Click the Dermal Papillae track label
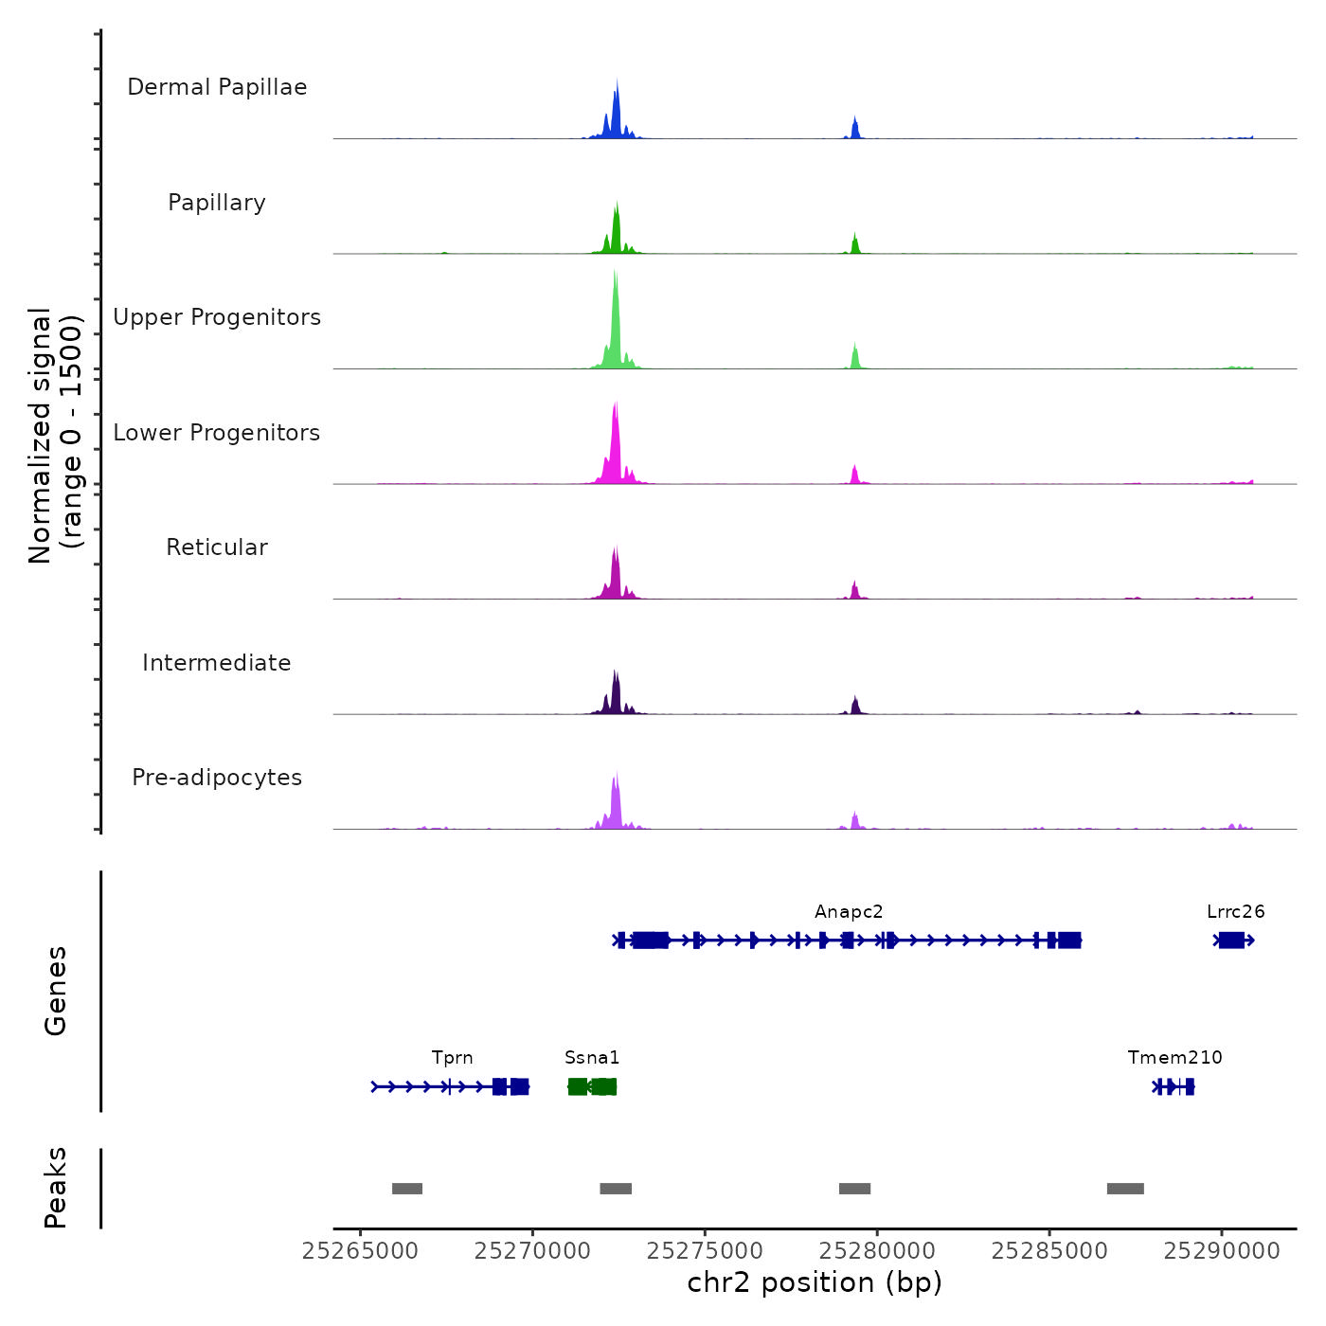[217, 87]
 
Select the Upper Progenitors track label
[217, 317]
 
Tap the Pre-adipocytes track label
[217, 778]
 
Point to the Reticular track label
[217, 547]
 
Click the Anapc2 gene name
[849, 912]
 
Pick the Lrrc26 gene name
[1235, 912]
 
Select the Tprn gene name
[452, 1058]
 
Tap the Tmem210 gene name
[1174, 1058]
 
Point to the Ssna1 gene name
[592, 1058]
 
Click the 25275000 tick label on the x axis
[705, 1251]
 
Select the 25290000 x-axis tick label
[1222, 1251]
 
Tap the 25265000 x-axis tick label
[360, 1251]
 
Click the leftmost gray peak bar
[407, 1189]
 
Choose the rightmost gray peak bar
[1125, 1189]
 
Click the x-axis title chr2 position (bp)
[815, 1282]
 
